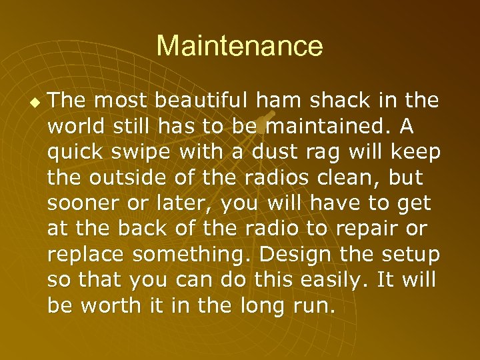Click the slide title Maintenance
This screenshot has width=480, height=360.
[239, 47]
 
